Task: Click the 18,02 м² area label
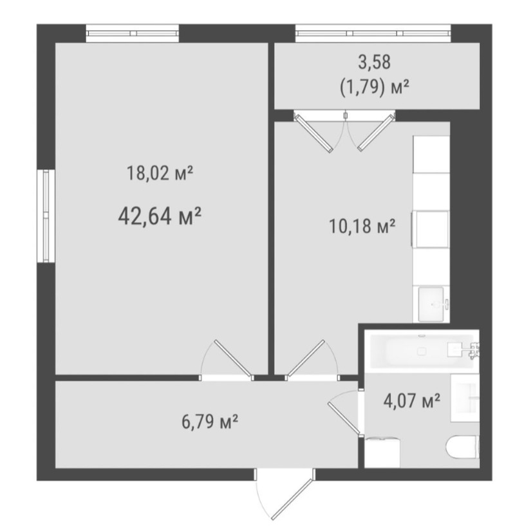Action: pos(160,173)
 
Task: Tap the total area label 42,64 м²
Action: pos(160,216)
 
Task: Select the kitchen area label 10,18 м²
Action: pos(362,226)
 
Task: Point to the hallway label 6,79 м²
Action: pos(210,422)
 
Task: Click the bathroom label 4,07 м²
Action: pos(411,400)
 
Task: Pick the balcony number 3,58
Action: pos(375,62)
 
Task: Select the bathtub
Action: pos(422,351)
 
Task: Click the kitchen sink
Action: pos(431,304)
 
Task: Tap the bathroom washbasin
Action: pos(465,398)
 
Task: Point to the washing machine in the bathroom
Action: pos(382,452)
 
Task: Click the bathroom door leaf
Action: pos(344,418)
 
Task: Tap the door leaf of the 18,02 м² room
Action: pos(233,359)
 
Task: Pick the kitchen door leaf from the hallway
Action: pos(306,359)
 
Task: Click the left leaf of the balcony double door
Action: pos(314,133)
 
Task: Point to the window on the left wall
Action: pos(46,216)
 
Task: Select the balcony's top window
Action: pos(373,33)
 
